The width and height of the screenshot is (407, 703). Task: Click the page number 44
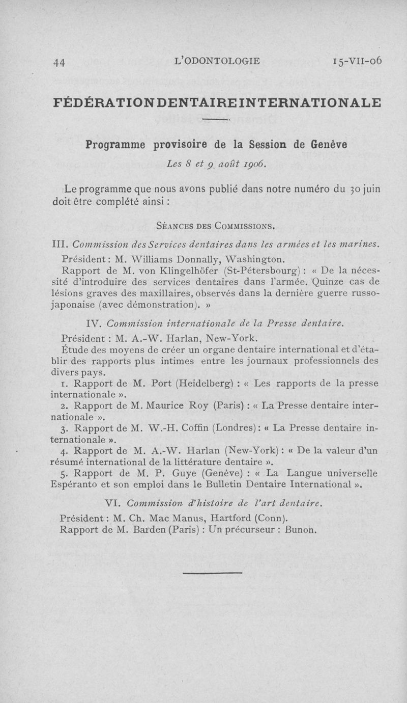pyautogui.click(x=59, y=62)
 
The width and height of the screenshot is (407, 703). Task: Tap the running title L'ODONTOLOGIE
pyautogui.click(x=217, y=61)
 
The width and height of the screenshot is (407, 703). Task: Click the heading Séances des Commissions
pyautogui.click(x=216, y=225)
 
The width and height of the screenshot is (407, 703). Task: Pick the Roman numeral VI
pyautogui.click(x=111, y=504)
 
